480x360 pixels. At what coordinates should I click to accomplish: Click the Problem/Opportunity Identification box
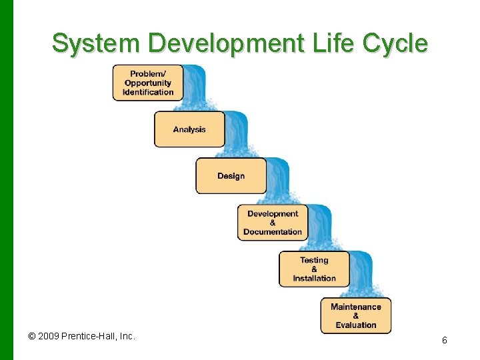tap(147, 83)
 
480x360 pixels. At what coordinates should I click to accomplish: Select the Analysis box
tap(189, 129)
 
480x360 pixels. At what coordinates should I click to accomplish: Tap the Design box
tap(231, 176)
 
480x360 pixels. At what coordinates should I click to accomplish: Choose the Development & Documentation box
tap(273, 223)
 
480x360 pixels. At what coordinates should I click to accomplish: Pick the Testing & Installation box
tap(314, 269)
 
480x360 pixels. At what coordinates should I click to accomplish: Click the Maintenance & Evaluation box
tap(355, 316)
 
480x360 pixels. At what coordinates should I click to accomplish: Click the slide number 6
tap(444, 341)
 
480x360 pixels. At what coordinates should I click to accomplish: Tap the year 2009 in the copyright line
tap(48, 336)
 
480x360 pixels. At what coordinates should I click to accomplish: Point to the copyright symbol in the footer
tap(32, 337)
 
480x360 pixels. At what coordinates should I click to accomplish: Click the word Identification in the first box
tap(148, 92)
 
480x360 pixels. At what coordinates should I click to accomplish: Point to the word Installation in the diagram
tap(314, 279)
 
